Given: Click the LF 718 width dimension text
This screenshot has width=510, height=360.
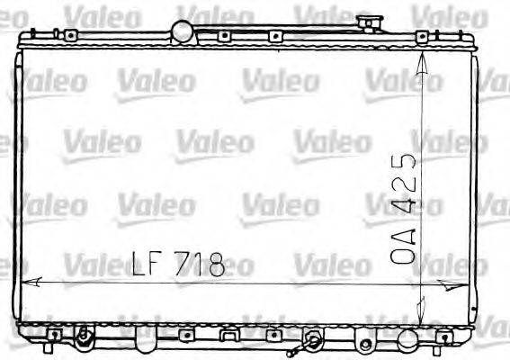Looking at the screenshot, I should pos(177,263).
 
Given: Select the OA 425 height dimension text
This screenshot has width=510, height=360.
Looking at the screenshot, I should pos(406,208).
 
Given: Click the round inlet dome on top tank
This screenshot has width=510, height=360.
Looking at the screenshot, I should pos(184,32).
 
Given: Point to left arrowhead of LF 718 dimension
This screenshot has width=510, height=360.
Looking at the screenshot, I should pos(27,282).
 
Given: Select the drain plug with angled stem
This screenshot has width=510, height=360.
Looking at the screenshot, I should pos(311,342).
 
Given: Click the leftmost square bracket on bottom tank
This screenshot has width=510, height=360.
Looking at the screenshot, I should pos(55,336).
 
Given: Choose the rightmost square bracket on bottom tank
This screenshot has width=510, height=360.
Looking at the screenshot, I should pos(441,336).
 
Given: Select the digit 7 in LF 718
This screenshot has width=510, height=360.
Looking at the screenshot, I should pos(184,263).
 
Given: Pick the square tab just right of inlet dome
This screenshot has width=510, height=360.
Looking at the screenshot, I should pos(221,37).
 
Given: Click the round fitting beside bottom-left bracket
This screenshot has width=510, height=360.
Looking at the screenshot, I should pos(84,340).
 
